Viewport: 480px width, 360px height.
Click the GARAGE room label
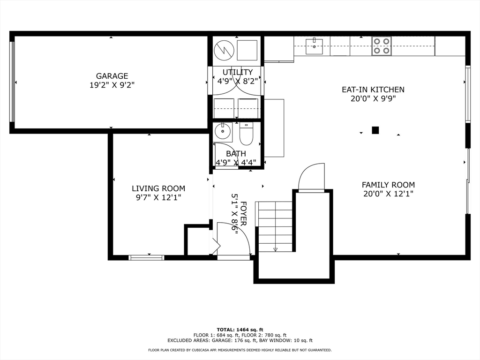point(112,76)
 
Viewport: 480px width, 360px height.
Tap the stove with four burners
point(382,46)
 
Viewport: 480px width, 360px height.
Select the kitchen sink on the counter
point(314,46)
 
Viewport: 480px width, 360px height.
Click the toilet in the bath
point(246,134)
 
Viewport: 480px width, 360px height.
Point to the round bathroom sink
point(223,132)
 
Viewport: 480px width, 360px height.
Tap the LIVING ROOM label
point(158,188)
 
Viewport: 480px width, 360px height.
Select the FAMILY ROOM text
point(388,185)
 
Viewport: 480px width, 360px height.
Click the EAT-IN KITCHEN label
point(373,90)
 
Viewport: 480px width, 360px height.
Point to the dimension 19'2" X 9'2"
point(112,85)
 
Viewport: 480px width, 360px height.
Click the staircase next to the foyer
point(276,226)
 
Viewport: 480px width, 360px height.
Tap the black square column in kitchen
point(375,130)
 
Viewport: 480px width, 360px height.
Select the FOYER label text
point(243,213)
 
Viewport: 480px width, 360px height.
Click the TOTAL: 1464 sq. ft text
point(240,330)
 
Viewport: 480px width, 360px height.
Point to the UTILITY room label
point(238,72)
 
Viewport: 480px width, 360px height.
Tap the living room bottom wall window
point(146,258)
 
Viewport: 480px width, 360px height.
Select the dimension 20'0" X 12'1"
point(388,194)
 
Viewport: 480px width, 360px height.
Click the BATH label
point(236,154)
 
